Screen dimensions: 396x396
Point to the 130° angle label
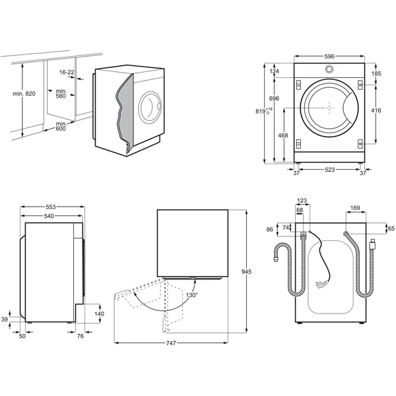click(x=191, y=295)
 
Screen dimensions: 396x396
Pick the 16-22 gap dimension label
click(x=67, y=72)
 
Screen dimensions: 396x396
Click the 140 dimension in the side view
click(x=99, y=314)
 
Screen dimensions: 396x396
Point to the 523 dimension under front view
click(x=329, y=170)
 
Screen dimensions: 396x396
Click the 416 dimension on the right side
click(x=376, y=110)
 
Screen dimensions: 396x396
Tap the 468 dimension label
click(x=282, y=135)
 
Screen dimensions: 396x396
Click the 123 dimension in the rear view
click(x=302, y=201)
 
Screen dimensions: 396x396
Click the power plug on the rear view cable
click(x=321, y=284)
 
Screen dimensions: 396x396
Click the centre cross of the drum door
click(x=329, y=108)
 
